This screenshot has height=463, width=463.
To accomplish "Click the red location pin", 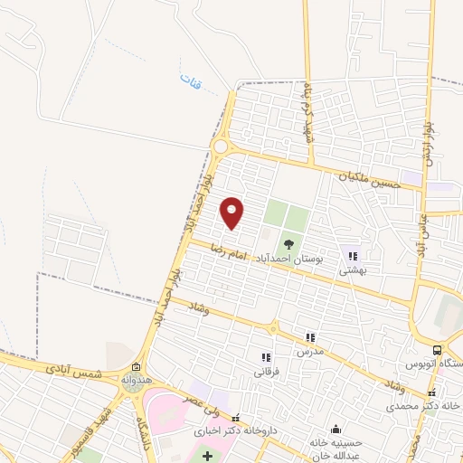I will point(232,212).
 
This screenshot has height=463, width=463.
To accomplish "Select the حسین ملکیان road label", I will point(370,179).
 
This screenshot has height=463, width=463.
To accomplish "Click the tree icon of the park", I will point(289,244).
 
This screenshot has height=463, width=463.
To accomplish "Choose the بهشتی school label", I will point(352,269).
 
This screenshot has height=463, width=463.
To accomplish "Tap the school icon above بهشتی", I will point(352,255).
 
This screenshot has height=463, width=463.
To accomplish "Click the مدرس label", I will point(310,351).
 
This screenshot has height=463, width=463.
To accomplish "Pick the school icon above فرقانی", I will point(266,356).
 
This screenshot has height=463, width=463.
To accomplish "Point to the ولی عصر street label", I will point(203,396).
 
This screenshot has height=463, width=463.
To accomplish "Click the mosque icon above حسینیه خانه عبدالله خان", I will point(336,429).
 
